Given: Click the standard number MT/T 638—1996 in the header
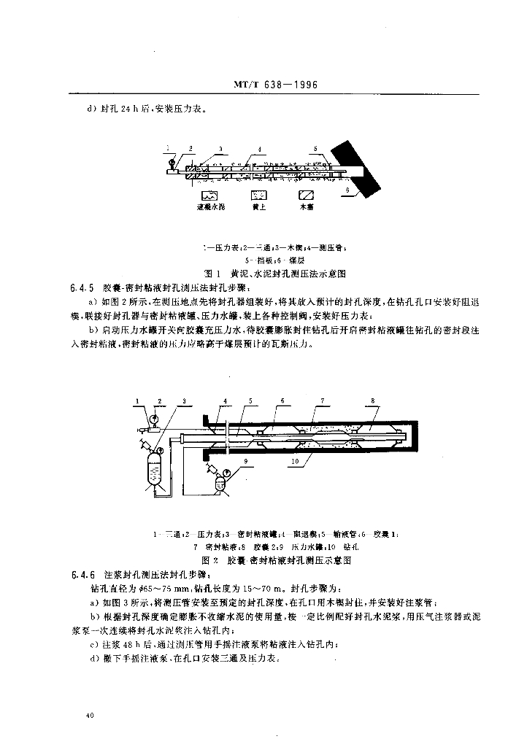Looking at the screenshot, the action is [285, 85].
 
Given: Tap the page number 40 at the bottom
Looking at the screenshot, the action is [89, 716].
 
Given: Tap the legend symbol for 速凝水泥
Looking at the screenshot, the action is [209, 196].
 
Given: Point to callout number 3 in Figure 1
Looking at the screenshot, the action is [220, 148].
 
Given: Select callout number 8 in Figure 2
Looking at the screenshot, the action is [372, 400].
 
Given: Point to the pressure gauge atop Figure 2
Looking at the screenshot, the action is [155, 419].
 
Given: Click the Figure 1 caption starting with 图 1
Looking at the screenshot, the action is [276, 274].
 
